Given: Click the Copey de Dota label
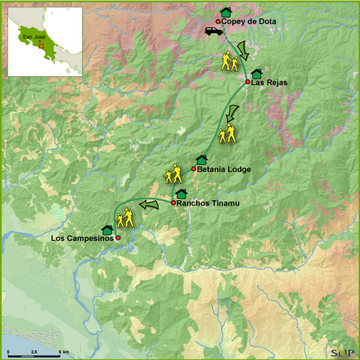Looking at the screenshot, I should click(249, 22).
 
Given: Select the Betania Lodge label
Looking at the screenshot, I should click(224, 169).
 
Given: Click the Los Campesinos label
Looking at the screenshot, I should click(82, 238).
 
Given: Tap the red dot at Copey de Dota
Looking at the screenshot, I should click(218, 21).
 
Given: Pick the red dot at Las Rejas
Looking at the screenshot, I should click(248, 82).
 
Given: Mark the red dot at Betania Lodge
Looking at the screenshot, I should click(194, 169).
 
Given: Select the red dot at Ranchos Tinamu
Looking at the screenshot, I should click(173, 203).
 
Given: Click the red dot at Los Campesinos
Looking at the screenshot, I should click(119, 238).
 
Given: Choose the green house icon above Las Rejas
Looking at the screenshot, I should click(257, 73).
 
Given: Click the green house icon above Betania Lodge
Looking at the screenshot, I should click(201, 160).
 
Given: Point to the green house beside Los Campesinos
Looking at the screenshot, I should click(108, 229).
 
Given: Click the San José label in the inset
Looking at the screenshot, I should click(33, 36).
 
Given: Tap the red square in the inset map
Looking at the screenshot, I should click(41, 45).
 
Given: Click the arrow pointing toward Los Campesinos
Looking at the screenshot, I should click(148, 205).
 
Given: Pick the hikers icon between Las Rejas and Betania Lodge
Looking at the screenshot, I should click(227, 134).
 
